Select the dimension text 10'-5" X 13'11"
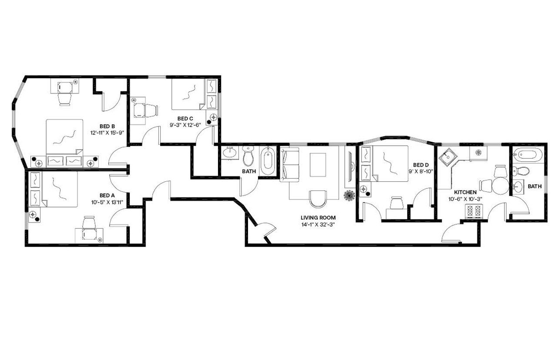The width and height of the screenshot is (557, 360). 107,202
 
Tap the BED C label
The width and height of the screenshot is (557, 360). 185,119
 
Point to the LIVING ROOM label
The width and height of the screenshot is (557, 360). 318,218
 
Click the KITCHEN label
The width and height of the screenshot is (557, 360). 465,192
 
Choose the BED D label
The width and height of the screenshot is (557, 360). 421,165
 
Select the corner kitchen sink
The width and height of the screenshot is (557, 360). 446,157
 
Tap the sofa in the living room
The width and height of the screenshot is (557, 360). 290,164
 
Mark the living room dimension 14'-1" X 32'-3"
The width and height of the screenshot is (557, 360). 318,225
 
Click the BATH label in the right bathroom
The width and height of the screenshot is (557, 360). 534,187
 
